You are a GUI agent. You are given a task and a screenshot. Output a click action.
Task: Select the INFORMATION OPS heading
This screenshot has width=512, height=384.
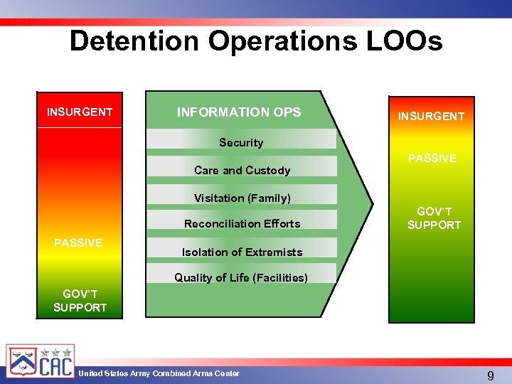[239, 112]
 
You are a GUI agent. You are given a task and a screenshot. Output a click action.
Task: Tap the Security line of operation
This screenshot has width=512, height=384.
[241, 142]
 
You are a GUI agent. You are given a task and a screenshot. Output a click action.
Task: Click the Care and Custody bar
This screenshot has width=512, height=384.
[242, 170]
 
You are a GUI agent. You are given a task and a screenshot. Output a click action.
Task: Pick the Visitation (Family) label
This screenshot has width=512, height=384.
[242, 198]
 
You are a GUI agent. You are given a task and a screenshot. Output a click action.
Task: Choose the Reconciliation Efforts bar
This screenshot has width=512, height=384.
[242, 223]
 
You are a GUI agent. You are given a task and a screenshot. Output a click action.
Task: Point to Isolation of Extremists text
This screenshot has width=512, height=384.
[242, 252]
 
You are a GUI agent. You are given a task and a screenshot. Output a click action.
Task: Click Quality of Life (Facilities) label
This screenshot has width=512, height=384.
[241, 277]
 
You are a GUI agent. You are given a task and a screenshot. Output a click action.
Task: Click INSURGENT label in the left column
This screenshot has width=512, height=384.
[80, 112]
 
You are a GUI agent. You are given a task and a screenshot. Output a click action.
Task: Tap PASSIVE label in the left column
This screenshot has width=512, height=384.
[78, 242]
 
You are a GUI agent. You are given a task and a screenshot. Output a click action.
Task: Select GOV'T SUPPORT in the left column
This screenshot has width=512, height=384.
[80, 300]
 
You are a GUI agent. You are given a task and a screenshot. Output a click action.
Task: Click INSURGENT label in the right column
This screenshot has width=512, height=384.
[431, 116]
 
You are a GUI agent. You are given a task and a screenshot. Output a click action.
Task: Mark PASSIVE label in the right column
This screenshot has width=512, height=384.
[432, 158]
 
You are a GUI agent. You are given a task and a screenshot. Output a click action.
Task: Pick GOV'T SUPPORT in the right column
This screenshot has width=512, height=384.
[434, 218]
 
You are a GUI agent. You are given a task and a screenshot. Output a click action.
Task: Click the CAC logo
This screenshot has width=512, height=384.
[40, 362]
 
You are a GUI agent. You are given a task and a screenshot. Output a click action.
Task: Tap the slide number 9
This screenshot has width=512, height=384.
[491, 375]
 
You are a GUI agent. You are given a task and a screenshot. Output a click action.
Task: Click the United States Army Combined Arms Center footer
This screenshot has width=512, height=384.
[159, 373]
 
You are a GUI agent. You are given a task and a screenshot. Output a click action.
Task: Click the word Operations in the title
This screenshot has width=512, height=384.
[274, 41]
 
